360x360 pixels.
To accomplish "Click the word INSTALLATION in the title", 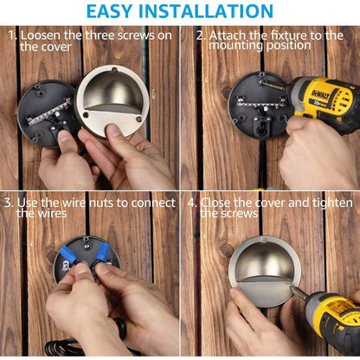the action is tap(206, 11).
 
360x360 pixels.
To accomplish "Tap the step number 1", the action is tap(12, 35).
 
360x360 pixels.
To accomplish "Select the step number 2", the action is tap(201, 35).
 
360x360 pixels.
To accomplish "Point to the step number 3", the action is tap(9, 202).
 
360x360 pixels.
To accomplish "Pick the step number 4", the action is tap(192, 202).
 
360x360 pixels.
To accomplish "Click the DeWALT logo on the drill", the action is tap(320, 94).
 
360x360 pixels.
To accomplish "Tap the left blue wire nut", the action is tap(68, 255).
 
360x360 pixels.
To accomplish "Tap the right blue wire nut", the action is tap(103, 252).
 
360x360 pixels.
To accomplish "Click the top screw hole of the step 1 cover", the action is tap(114, 69).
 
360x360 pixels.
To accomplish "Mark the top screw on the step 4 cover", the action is tap(263, 240).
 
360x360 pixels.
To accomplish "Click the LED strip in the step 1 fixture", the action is tap(49, 112).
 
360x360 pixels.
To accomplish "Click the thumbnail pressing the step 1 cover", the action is tap(114, 131).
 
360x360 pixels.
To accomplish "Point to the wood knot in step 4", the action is tap(227, 250).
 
